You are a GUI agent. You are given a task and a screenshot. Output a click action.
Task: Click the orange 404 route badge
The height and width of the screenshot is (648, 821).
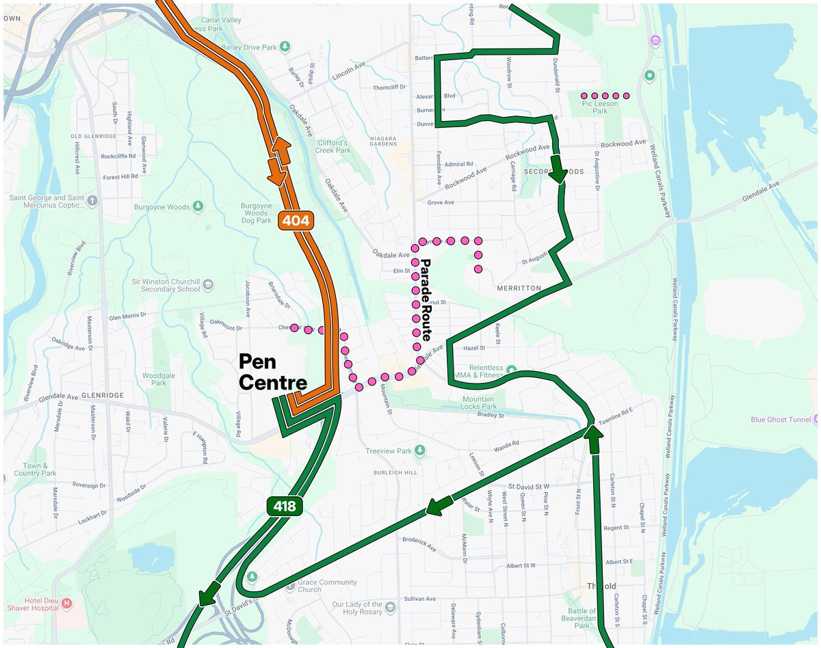pyautogui.click(x=295, y=220)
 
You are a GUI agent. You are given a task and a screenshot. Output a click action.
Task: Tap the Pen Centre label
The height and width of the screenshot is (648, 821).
pyautogui.click(x=272, y=372)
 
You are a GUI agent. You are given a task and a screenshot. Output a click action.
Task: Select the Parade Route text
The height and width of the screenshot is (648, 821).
pyautogui.click(x=425, y=299)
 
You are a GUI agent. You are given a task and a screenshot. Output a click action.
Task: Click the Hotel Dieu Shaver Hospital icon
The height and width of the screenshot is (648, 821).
pyautogui.click(x=67, y=604)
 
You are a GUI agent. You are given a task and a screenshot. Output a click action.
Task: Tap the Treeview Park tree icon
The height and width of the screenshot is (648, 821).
pyautogui.click(x=421, y=450)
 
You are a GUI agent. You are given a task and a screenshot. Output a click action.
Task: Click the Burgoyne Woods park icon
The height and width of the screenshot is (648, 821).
pyautogui.click(x=198, y=206)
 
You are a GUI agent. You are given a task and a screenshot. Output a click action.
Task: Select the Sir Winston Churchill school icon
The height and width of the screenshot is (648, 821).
pyautogui.click(x=208, y=284)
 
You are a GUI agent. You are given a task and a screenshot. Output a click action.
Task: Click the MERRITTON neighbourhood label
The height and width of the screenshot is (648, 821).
pyautogui.click(x=520, y=288)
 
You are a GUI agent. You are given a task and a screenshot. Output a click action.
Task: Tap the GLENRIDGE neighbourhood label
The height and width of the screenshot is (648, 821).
pyautogui.click(x=101, y=395)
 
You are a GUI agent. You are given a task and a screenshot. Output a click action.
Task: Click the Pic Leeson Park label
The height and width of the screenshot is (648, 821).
pyautogui.click(x=600, y=107)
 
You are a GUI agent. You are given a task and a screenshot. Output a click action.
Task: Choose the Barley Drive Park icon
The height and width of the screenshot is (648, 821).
pyautogui.click(x=286, y=46)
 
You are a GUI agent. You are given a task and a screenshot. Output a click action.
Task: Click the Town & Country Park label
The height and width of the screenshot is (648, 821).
pyautogui.click(x=35, y=469)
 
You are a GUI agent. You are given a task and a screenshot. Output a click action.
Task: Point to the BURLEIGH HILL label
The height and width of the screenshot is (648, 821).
pyautogui.click(x=395, y=473)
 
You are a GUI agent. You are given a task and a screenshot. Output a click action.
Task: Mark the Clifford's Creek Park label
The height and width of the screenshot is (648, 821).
pyautogui.click(x=333, y=146)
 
